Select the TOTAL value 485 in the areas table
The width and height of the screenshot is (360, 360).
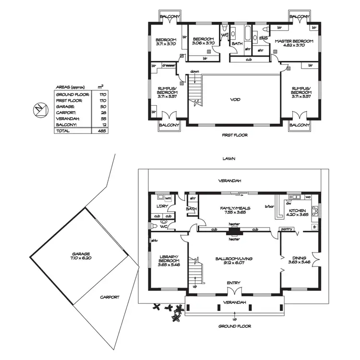click(x=101, y=131)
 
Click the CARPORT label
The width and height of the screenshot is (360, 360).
click(x=110, y=297)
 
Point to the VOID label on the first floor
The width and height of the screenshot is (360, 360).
click(x=235, y=100)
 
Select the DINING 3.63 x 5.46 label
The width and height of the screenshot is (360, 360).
click(x=298, y=260)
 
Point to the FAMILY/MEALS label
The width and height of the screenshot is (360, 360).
click(x=233, y=211)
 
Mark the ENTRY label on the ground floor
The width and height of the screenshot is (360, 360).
click(x=233, y=283)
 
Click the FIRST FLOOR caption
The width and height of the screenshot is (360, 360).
click(x=235, y=135)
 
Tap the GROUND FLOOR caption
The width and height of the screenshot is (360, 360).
click(x=234, y=326)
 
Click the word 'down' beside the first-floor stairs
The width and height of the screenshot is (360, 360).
click(x=194, y=72)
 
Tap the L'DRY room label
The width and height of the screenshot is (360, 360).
click(x=161, y=206)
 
